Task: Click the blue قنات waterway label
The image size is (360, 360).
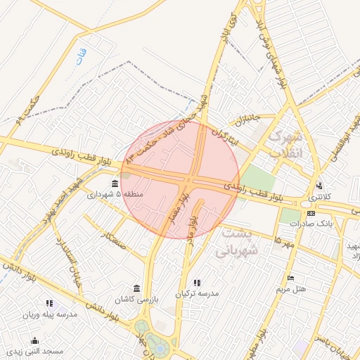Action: point(82,53)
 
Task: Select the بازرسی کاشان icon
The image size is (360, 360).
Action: point(136,289)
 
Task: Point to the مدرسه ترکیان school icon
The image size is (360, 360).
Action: point(196,283)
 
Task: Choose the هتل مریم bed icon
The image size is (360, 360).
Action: point(292,279)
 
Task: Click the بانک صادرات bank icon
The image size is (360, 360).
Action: point(311,213)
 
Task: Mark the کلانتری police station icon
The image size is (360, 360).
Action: point(320,186)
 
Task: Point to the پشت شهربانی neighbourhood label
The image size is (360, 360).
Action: point(239,240)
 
